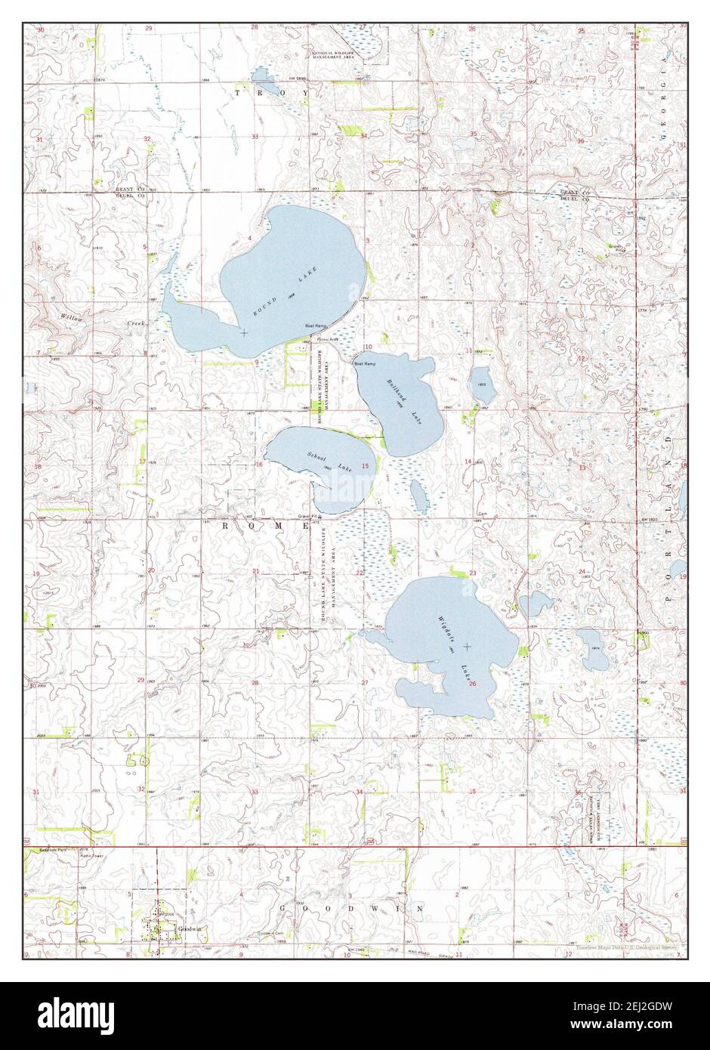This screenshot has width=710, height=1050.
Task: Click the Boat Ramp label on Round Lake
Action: pos(315,326)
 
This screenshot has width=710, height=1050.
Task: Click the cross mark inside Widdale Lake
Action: pos(468,646)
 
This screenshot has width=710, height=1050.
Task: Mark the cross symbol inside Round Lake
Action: pos(243,332)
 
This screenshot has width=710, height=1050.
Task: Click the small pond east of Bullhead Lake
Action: pos(480,384)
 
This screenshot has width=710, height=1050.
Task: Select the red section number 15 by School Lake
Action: pos(365,466)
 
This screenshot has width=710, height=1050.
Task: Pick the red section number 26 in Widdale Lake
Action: pos(472,684)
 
